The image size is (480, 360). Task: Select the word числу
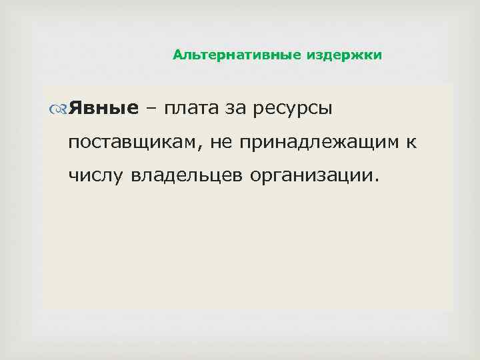pos(96,176)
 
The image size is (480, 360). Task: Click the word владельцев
pos(188,176)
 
